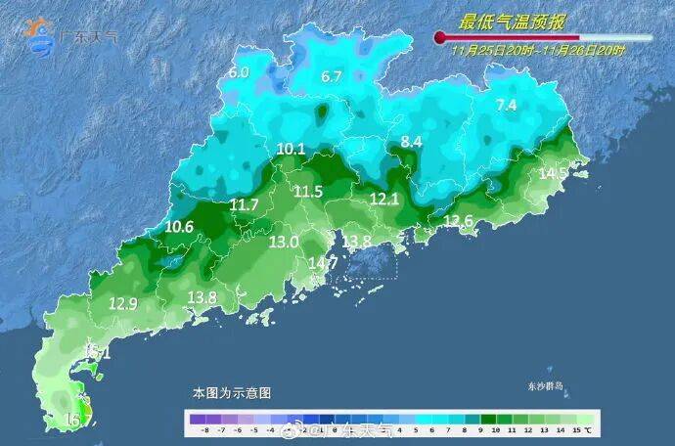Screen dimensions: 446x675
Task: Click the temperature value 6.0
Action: [239, 72]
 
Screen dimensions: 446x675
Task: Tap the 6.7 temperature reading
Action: [332, 76]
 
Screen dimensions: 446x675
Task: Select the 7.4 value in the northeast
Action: [506, 105]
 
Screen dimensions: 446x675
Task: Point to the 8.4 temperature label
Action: [411, 142]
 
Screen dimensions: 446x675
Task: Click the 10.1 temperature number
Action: [291, 150]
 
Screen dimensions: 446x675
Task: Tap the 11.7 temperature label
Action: [244, 204]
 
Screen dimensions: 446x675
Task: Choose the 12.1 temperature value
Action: [384, 199]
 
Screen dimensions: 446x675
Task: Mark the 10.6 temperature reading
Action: [179, 227]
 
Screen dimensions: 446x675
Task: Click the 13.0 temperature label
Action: [285, 242]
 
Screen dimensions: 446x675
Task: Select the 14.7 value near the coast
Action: [323, 263]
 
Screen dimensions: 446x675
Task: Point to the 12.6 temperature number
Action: [458, 222]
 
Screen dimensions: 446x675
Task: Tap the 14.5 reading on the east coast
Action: [554, 173]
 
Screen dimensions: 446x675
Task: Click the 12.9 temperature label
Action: [122, 304]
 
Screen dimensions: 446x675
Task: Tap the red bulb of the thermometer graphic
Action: [440, 38]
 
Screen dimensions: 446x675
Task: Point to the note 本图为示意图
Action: [231, 392]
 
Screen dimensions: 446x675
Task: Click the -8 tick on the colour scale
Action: [202, 429]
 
